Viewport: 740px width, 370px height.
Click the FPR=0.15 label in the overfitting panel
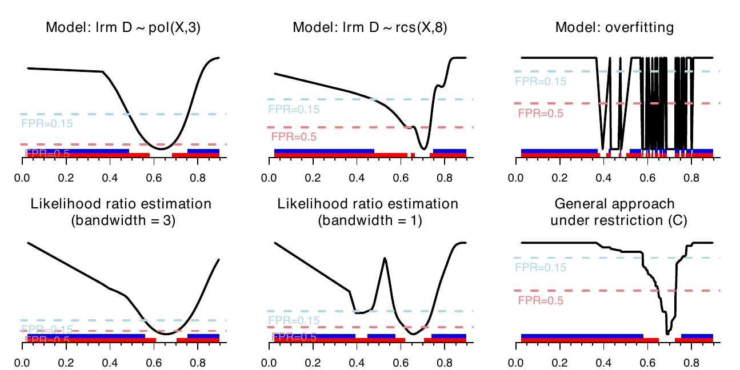click(541, 81)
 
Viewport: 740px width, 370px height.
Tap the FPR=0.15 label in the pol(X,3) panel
click(47, 123)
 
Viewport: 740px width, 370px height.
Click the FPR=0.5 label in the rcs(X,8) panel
click(294, 137)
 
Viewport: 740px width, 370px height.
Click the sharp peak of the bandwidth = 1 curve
click(385, 259)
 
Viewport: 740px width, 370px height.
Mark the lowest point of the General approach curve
click(667, 333)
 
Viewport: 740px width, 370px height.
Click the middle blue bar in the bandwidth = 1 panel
click(381, 336)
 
